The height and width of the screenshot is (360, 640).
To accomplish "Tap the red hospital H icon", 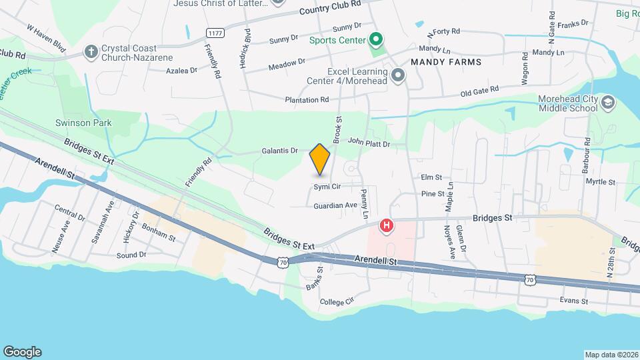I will [x=386, y=227].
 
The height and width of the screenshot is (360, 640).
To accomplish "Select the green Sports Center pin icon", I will [x=375, y=41].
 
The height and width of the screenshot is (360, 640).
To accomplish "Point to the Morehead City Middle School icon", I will [x=607, y=103].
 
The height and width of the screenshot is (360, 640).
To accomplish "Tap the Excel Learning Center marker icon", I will [x=398, y=75].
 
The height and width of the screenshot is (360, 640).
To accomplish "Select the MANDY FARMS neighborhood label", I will [x=446, y=61].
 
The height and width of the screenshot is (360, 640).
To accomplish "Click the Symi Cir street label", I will [x=327, y=187].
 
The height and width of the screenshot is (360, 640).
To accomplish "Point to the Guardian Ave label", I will [x=336, y=206].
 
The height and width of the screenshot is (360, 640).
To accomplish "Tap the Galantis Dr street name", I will [x=280, y=151].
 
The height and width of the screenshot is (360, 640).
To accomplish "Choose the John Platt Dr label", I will [x=368, y=142].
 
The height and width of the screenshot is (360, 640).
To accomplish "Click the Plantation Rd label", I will [x=307, y=100].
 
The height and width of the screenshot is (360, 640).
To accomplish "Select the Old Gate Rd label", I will [x=480, y=91].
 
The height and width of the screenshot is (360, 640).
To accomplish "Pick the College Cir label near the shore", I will [x=335, y=301].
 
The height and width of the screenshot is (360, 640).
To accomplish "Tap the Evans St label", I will [x=574, y=301].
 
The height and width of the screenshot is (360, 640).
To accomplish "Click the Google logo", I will [x=22, y=351].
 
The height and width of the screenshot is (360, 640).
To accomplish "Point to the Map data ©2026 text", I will [x=611, y=355].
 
